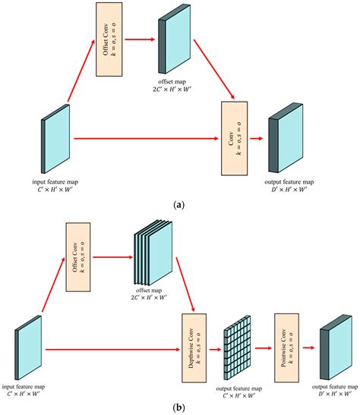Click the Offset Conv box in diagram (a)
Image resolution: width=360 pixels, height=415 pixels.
click(108, 39)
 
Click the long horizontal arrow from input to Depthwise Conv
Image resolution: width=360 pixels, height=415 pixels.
click(114, 349)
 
